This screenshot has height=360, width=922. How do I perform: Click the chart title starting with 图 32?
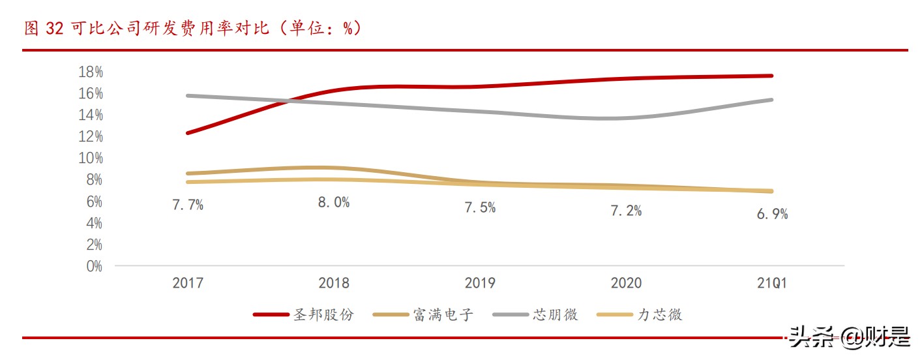pyautogui.click(x=192, y=29)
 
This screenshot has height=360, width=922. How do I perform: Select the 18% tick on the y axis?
pyautogui.click(x=90, y=72)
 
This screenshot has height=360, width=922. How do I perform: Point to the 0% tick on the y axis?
pyautogui.click(x=93, y=266)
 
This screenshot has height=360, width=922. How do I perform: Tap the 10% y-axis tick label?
pyautogui.click(x=90, y=158)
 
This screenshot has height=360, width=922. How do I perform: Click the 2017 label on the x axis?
pyautogui.click(x=188, y=283)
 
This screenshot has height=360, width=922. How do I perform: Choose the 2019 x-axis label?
pyautogui.click(x=480, y=283)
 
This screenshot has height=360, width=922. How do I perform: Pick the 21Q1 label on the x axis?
pyautogui.click(x=772, y=283)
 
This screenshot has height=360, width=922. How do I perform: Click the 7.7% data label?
pyautogui.click(x=188, y=205)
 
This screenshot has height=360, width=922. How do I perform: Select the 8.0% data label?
pyautogui.click(x=334, y=202)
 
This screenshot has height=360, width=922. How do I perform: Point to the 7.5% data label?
pyautogui.click(x=480, y=208)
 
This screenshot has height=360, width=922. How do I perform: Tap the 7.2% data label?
pyautogui.click(x=626, y=211)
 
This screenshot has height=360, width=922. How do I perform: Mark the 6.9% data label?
pyautogui.click(x=772, y=214)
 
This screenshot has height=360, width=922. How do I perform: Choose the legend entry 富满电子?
pyautogui.click(x=443, y=314)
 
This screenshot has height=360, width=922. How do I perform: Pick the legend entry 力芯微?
pyautogui.click(x=660, y=314)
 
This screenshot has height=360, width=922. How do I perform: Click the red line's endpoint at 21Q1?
pyautogui.click(x=772, y=76)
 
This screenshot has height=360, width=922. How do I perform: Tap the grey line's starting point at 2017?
pyautogui.click(x=188, y=96)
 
